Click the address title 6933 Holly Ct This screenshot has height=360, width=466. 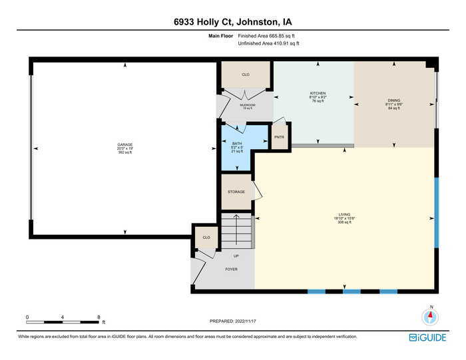pos(232,22)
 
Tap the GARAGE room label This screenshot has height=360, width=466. pos(125,145)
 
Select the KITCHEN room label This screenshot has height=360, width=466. pos(318,93)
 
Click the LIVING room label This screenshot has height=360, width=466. pos(345,214)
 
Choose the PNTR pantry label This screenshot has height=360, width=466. pos(280,137)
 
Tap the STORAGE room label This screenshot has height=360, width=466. pos(236,192)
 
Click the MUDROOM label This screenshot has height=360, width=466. pos(247,104)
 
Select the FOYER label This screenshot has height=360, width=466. pos(231,269)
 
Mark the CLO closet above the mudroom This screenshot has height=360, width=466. pos(246,75)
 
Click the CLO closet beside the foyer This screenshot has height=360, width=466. pos(206,238)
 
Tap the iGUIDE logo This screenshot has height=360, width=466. pos(427,337)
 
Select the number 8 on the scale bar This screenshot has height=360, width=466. pos(99,317)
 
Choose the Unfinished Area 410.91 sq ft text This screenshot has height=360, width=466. pos(268,43)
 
